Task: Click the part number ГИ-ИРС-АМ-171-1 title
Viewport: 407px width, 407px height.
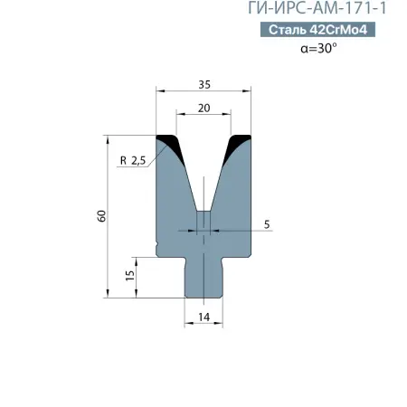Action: (x=324, y=9)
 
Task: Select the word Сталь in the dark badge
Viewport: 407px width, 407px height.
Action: (x=287, y=30)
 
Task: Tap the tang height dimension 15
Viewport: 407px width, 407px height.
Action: (x=129, y=274)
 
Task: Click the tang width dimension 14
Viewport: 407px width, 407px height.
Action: (x=203, y=316)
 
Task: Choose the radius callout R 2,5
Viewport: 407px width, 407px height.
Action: (x=133, y=162)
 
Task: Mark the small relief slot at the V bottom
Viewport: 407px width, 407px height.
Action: (x=204, y=222)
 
